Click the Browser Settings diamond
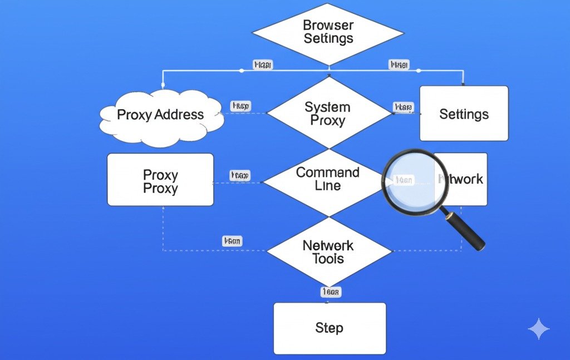[x=328, y=32]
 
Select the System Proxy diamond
[x=328, y=114]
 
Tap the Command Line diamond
[x=328, y=179]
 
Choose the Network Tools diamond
[x=328, y=251]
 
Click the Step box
[x=329, y=328]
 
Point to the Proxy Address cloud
[x=160, y=115]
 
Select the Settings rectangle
[x=464, y=114]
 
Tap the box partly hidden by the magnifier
[x=465, y=179]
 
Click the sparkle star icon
[x=538, y=329]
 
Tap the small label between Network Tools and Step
[x=330, y=292]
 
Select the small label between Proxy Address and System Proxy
[x=240, y=106]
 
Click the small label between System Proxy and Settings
[x=403, y=107]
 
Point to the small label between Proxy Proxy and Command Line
[x=240, y=176]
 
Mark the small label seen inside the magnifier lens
[x=403, y=180]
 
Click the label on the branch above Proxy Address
[x=263, y=65]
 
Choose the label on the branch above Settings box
[x=398, y=65]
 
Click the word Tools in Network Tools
[x=328, y=259]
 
